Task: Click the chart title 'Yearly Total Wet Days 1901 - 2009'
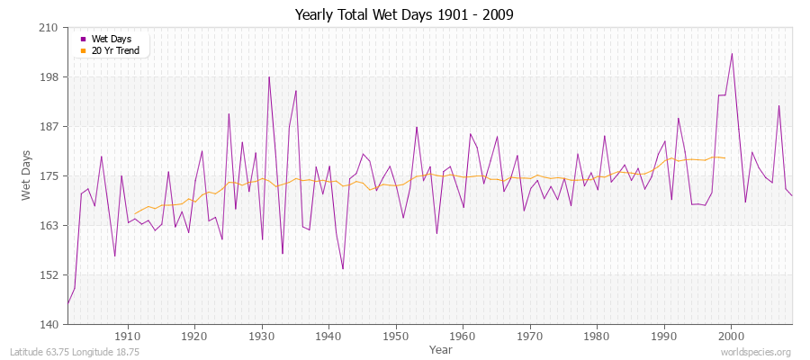(x=404, y=15)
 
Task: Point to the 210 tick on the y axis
(x=49, y=28)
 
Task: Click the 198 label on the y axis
(x=49, y=77)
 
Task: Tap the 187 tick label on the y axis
(x=49, y=127)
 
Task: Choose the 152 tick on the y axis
(x=49, y=275)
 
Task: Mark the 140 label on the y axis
(x=49, y=325)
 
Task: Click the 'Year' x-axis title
(x=441, y=348)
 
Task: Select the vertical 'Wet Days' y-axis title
(x=28, y=176)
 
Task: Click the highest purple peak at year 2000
(x=732, y=53)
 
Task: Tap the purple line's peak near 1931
(x=268, y=76)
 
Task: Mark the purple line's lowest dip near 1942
(x=343, y=268)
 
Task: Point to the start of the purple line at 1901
(x=67, y=303)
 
